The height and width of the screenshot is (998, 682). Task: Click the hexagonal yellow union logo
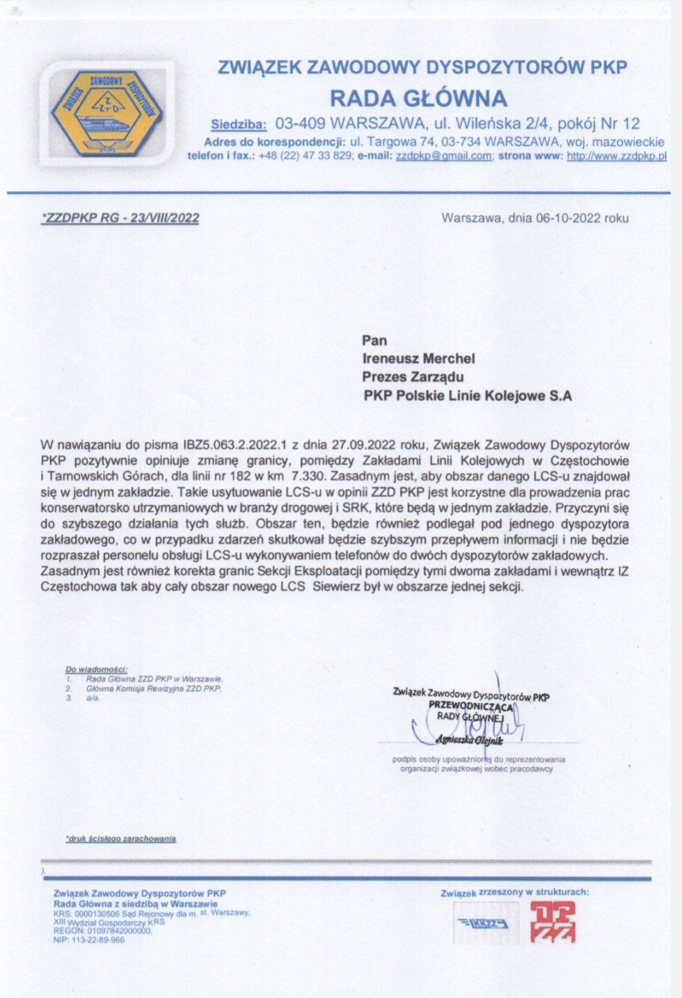[x=105, y=111]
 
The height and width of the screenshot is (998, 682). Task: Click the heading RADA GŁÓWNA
[x=419, y=98]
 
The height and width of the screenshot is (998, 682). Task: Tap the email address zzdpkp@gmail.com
[x=443, y=156]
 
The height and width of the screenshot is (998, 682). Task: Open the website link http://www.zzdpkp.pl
[x=616, y=156]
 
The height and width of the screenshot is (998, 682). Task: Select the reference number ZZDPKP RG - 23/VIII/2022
[x=120, y=218]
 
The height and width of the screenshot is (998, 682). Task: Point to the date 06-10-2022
[x=568, y=218]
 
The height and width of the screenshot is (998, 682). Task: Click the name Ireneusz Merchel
[x=418, y=359]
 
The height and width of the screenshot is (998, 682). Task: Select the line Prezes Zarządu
[x=412, y=377]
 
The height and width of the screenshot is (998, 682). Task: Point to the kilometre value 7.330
[x=309, y=477]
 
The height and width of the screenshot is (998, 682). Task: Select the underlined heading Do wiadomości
[x=97, y=669]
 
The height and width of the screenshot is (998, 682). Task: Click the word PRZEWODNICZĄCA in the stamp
[x=471, y=706]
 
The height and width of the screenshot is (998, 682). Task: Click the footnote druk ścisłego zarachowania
[x=121, y=839]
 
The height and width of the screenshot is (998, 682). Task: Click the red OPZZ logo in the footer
[x=553, y=922]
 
